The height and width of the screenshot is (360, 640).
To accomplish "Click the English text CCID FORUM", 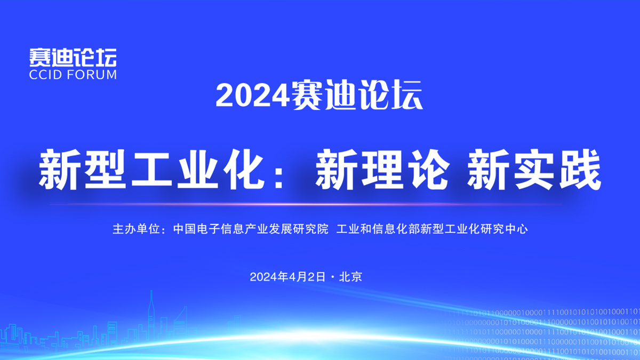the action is tap(73, 75).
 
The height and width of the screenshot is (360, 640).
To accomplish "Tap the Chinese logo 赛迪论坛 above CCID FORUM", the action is tap(73, 57).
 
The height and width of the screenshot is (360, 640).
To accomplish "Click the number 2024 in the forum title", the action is tap(253, 95).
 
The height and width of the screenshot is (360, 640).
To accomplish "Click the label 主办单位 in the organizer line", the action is tap(136, 229).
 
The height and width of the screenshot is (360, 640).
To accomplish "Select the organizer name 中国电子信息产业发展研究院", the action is tap(251, 229).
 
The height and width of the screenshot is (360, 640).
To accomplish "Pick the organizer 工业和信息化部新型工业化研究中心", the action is tap(432, 229).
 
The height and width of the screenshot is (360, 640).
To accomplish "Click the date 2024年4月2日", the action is tap(287, 277).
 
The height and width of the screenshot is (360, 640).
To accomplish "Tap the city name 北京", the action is tap(350, 277).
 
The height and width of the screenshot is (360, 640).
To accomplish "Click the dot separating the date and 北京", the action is tap(332, 277).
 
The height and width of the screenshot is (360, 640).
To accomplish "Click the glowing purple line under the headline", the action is tap(306, 204).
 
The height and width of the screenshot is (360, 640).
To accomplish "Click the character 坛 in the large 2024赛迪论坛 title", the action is tap(407, 95).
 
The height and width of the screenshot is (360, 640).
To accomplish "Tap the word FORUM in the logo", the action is tap(92, 75).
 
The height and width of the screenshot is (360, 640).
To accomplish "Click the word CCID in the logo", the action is tap(45, 75).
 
